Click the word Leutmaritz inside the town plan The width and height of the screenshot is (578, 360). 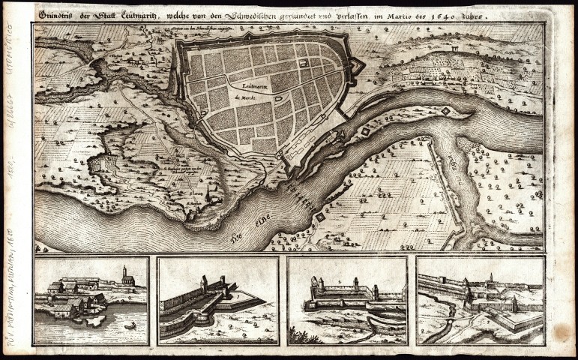(x=247, y=86)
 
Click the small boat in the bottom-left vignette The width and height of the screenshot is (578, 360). (x=130, y=326)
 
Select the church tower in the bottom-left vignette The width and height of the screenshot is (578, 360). (x=125, y=275)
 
